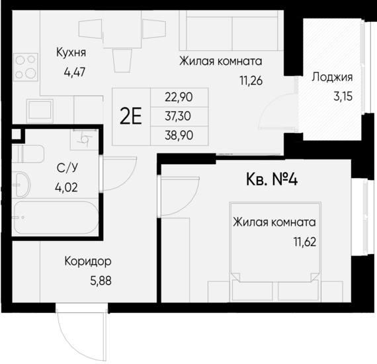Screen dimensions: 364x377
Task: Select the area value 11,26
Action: point(247,83)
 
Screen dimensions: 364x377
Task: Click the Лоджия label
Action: point(331,77)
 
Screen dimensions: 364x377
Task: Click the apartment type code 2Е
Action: point(132,117)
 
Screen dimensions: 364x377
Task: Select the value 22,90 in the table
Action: point(179,97)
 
